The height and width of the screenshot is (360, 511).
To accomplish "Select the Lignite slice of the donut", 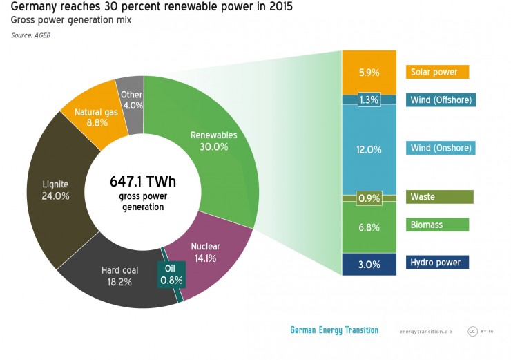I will (55, 190).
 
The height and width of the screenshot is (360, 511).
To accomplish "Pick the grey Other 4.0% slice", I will (131, 100).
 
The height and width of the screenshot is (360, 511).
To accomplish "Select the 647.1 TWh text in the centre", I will (143, 182).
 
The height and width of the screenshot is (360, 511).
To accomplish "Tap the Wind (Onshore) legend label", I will (442, 149).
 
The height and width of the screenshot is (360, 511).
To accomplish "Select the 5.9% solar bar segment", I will (369, 72).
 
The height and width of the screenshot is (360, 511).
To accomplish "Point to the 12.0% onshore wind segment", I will (369, 149).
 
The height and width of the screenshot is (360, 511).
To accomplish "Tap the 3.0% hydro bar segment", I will (369, 265).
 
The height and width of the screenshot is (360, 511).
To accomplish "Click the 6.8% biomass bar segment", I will (369, 227).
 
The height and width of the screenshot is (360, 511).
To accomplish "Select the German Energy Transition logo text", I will (334, 330).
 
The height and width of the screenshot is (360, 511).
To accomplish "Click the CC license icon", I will (473, 331).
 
